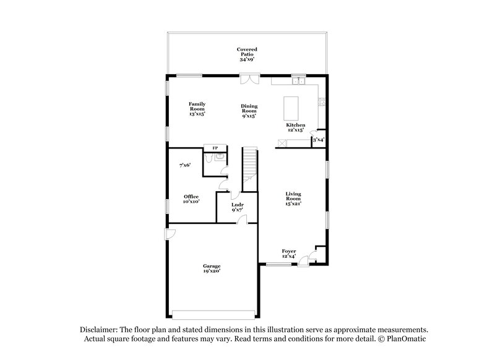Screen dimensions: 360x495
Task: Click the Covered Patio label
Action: point(247,54)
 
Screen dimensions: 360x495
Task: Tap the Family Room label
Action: point(197,109)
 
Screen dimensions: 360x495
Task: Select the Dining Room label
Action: point(249,111)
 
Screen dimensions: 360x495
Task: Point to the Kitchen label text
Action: point(295,127)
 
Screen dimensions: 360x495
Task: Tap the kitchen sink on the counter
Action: point(299,80)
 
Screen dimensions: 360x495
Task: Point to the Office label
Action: point(191,199)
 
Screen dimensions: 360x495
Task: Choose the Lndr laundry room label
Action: point(237,207)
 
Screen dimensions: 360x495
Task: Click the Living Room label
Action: point(293,198)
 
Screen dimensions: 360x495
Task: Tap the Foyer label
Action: point(288,254)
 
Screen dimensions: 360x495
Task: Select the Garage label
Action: point(211,268)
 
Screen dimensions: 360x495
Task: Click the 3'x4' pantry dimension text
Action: point(319,140)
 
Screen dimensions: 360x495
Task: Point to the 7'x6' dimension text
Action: point(185,165)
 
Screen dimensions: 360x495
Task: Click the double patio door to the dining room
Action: point(249,79)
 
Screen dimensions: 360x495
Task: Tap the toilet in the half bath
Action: point(210,159)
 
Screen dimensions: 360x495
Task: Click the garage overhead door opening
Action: point(212,312)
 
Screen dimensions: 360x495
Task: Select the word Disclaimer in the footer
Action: point(102,330)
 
